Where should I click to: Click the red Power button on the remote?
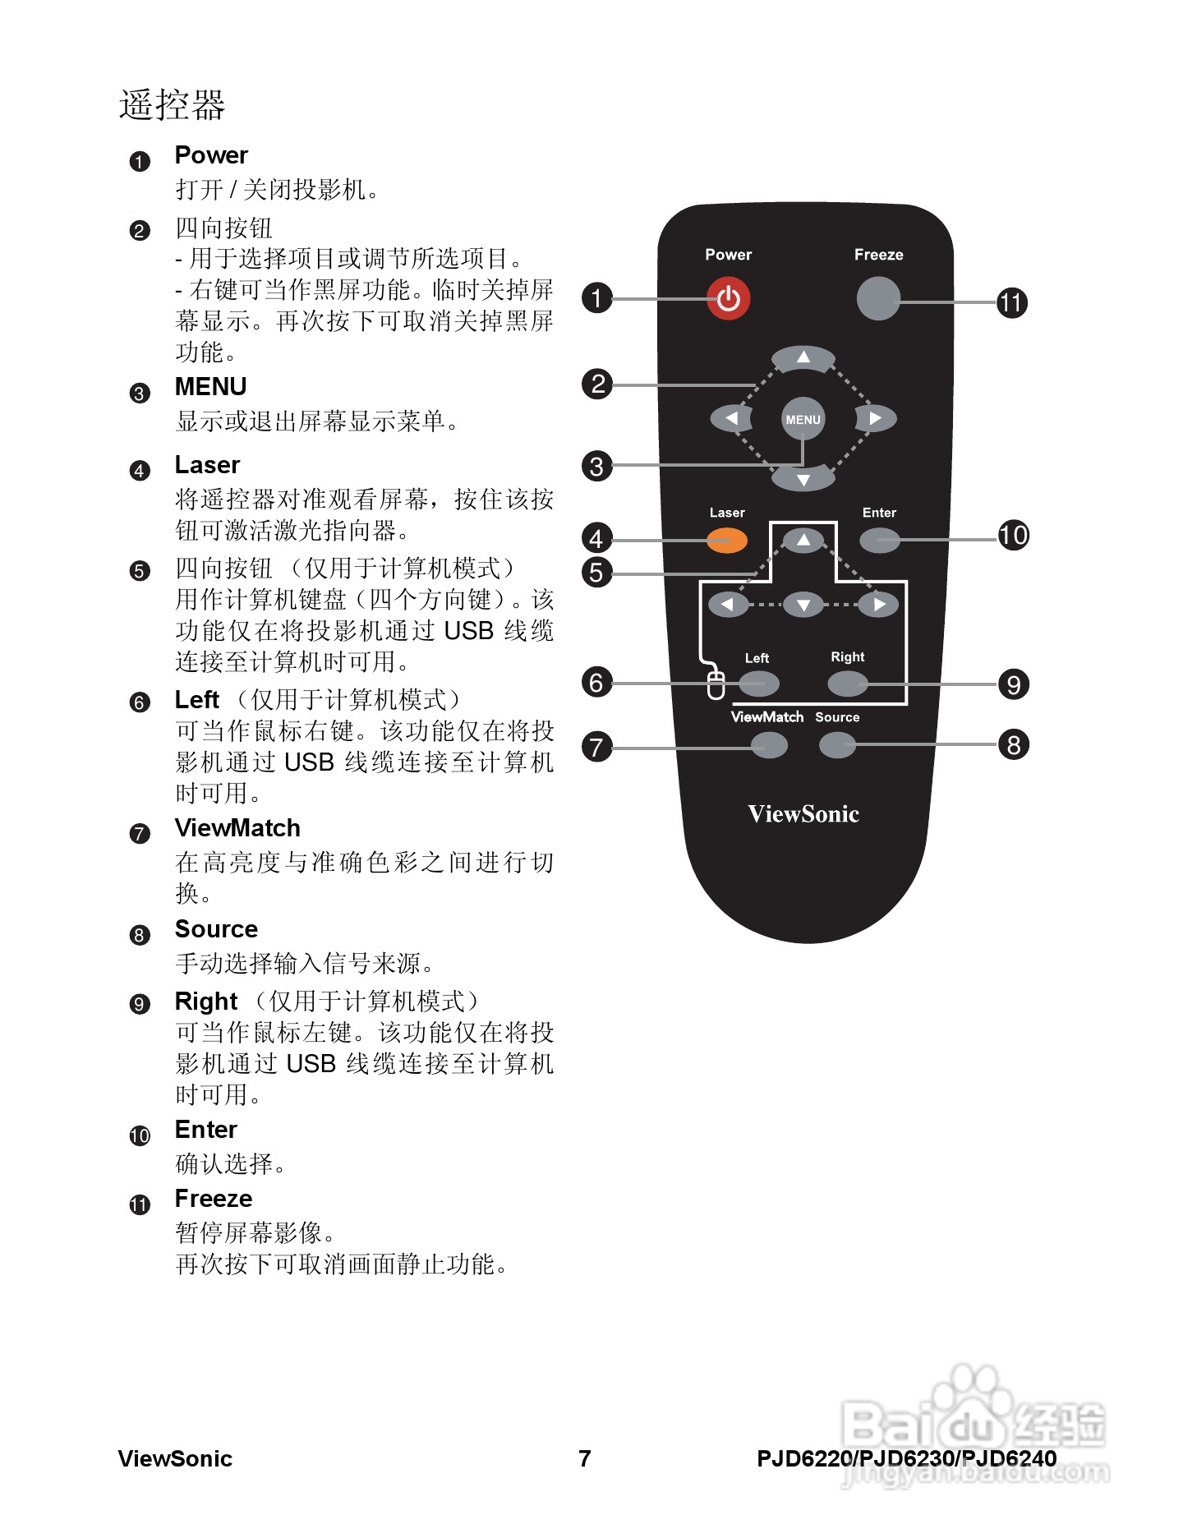pyautogui.click(x=728, y=299)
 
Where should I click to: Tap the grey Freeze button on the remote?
pyautogui.click(x=877, y=298)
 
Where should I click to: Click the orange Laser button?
pyautogui.click(x=727, y=540)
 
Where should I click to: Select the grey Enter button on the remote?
pyautogui.click(x=879, y=540)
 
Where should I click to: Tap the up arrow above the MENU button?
pyautogui.click(x=803, y=358)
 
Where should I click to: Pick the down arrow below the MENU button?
pyautogui.click(x=803, y=479)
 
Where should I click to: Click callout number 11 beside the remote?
pyautogui.click(x=1012, y=302)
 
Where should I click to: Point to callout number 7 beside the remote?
pyautogui.click(x=597, y=747)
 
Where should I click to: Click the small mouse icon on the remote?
pyautogui.click(x=716, y=684)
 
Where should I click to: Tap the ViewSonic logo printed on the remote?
pyautogui.click(x=803, y=814)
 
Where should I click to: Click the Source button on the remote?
pyautogui.click(x=837, y=745)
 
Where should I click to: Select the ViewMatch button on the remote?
pyautogui.click(x=769, y=745)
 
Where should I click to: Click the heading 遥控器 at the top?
pyautogui.click(x=173, y=105)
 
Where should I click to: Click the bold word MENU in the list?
pyautogui.click(x=210, y=387)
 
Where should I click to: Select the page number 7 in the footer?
pyautogui.click(x=585, y=1458)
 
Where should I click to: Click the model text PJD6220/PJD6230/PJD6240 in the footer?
pyautogui.click(x=906, y=1458)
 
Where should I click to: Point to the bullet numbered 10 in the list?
pyautogui.click(x=140, y=1136)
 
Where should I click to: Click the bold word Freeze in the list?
pyautogui.click(x=214, y=1199)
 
